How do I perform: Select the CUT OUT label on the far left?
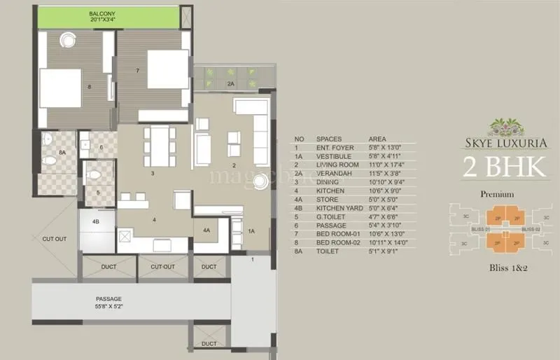coord(54,239)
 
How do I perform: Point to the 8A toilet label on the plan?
coord(62,152)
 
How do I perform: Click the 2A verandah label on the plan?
coord(230,83)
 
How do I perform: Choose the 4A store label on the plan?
coord(206,230)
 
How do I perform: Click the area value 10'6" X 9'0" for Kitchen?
coord(388,190)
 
